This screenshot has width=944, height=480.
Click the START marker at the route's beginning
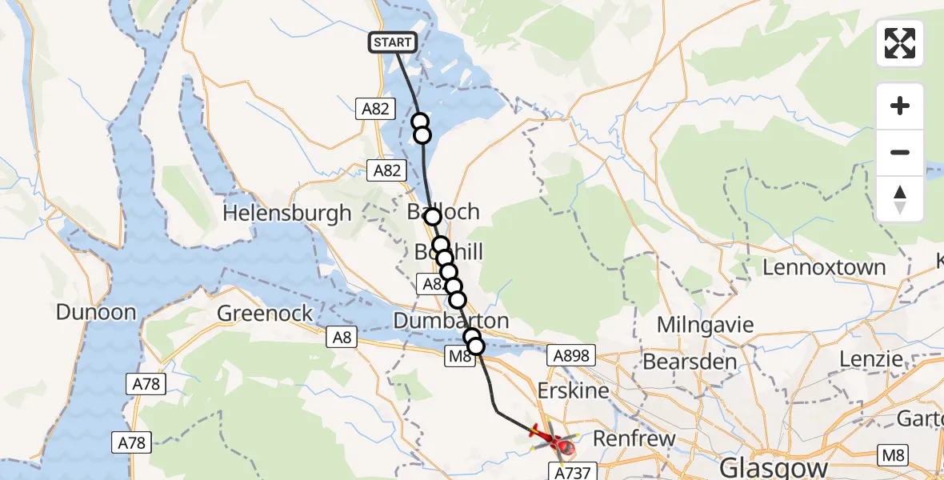click(392, 42)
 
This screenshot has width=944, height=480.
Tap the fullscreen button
click(900, 43)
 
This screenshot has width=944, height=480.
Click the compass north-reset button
click(900, 199)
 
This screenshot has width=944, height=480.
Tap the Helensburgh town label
click(287, 213)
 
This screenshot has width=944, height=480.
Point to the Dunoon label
click(96, 312)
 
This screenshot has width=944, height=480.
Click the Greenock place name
click(265, 313)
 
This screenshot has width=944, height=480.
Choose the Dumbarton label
click(451, 321)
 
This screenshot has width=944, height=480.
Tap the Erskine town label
click(573, 391)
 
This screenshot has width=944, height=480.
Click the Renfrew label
click(634, 439)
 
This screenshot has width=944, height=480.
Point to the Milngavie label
click(706, 325)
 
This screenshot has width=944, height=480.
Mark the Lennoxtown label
click(824, 267)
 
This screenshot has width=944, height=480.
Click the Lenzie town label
click(872, 360)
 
